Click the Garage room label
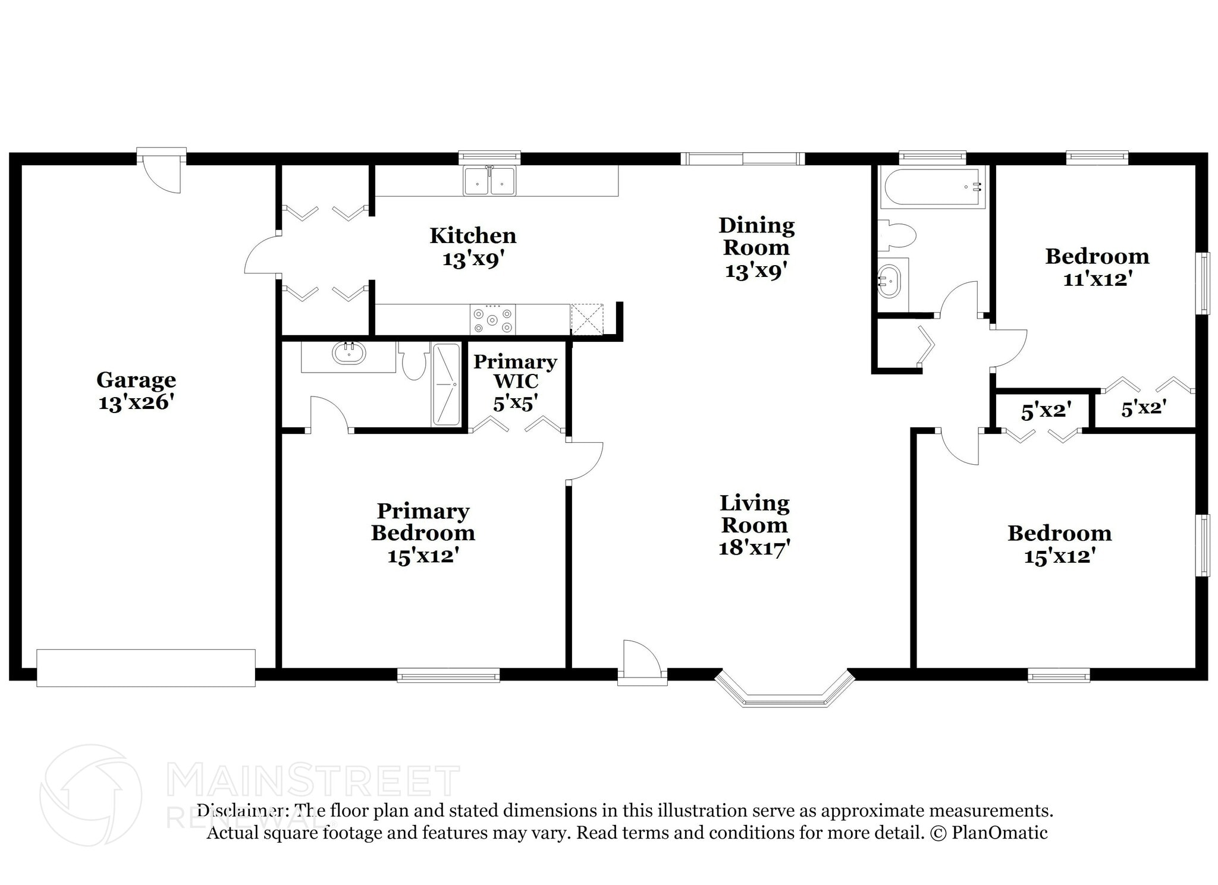click(136, 379)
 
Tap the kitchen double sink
click(489, 181)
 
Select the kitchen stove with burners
click(492, 320)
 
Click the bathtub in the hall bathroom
click(932, 187)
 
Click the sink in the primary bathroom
click(349, 353)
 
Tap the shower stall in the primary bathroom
click(446, 385)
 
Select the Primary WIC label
click(515, 371)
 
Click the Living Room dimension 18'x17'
click(754, 547)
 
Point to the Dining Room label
click(756, 236)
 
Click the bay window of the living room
click(784, 689)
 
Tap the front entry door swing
click(642, 657)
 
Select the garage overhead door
click(146, 667)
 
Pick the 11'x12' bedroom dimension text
click(1097, 279)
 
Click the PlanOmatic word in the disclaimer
click(1000, 833)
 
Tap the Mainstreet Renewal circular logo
click(90, 795)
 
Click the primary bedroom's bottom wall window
click(448, 675)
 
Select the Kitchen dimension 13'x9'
click(473, 259)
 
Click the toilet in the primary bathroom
click(414, 360)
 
